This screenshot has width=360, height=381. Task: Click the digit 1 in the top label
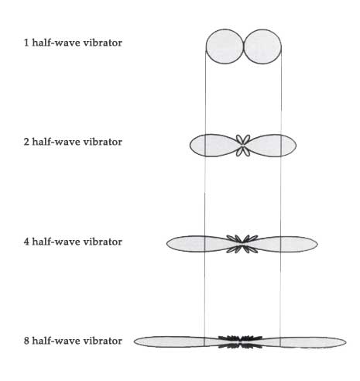click(x=26, y=43)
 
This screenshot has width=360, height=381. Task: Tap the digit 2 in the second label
click(x=26, y=142)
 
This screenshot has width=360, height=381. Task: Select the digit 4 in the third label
click(x=26, y=242)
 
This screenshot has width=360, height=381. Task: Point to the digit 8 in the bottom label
click(x=26, y=341)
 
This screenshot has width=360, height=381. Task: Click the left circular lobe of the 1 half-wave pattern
click(x=225, y=46)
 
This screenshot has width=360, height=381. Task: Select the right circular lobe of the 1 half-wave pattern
click(x=262, y=46)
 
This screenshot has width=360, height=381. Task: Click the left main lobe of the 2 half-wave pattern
click(x=214, y=146)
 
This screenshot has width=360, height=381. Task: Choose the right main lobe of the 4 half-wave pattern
click(x=284, y=244)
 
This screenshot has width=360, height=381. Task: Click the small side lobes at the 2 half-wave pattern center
click(x=243, y=146)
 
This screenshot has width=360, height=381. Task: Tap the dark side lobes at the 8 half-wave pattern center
click(x=240, y=342)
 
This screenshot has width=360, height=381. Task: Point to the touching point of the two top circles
click(x=244, y=46)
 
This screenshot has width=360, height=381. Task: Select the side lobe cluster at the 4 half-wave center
click(x=242, y=244)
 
